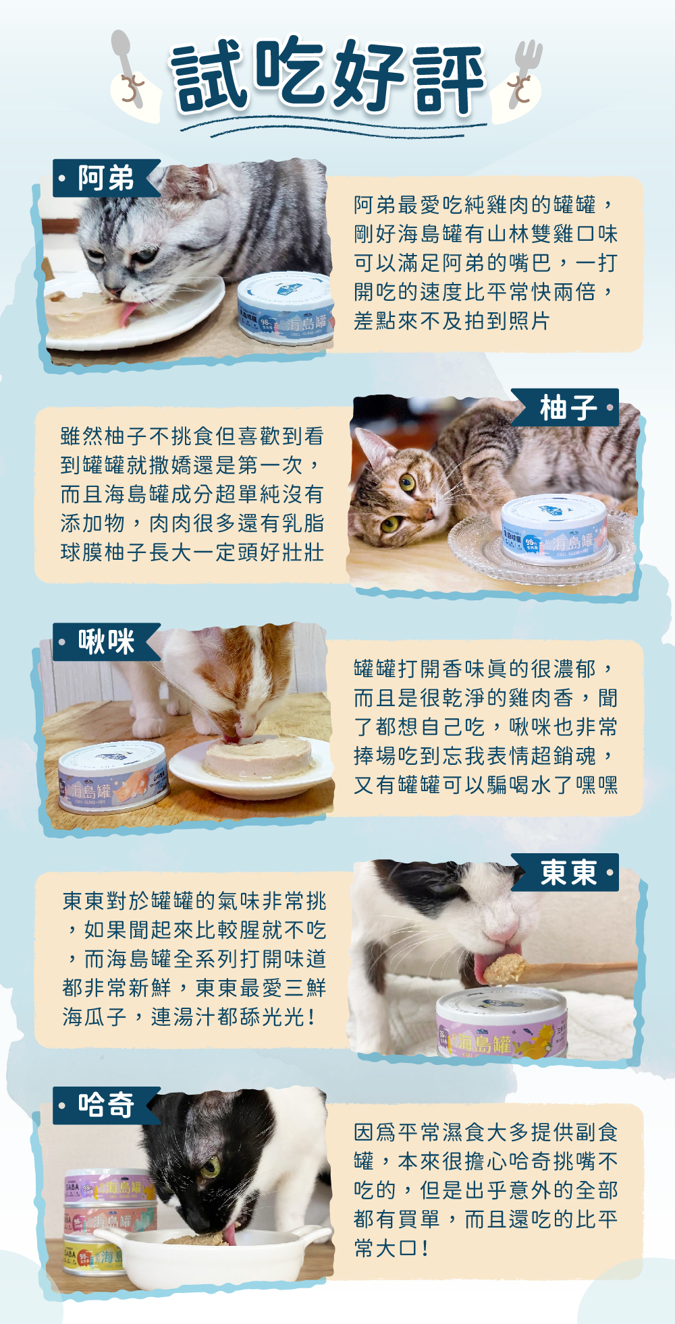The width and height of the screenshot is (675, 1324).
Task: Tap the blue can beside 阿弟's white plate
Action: pyautogui.click(x=286, y=309)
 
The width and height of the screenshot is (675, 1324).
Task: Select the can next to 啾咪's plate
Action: pyautogui.click(x=113, y=776)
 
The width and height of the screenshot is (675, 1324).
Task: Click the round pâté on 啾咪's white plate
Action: pyautogui.click(x=256, y=757)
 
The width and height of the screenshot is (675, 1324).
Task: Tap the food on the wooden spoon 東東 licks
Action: pyautogui.click(x=504, y=969)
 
